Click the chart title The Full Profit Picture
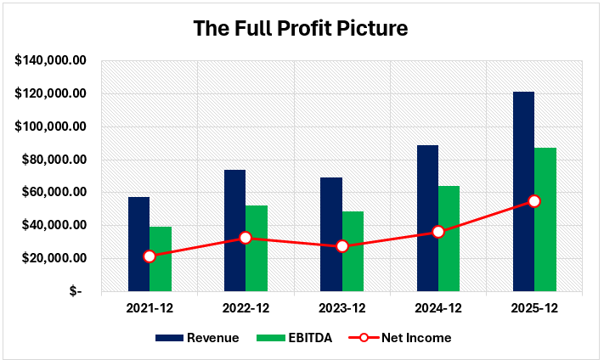[301, 28]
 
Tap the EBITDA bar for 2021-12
[161, 259]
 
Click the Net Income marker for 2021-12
[150, 256]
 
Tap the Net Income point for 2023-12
[342, 246]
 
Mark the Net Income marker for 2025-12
[534, 201]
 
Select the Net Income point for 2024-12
[438, 232]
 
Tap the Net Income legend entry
[399, 338]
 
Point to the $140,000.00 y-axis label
[51, 60]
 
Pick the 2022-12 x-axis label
[246, 307]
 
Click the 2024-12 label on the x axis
[438, 307]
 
